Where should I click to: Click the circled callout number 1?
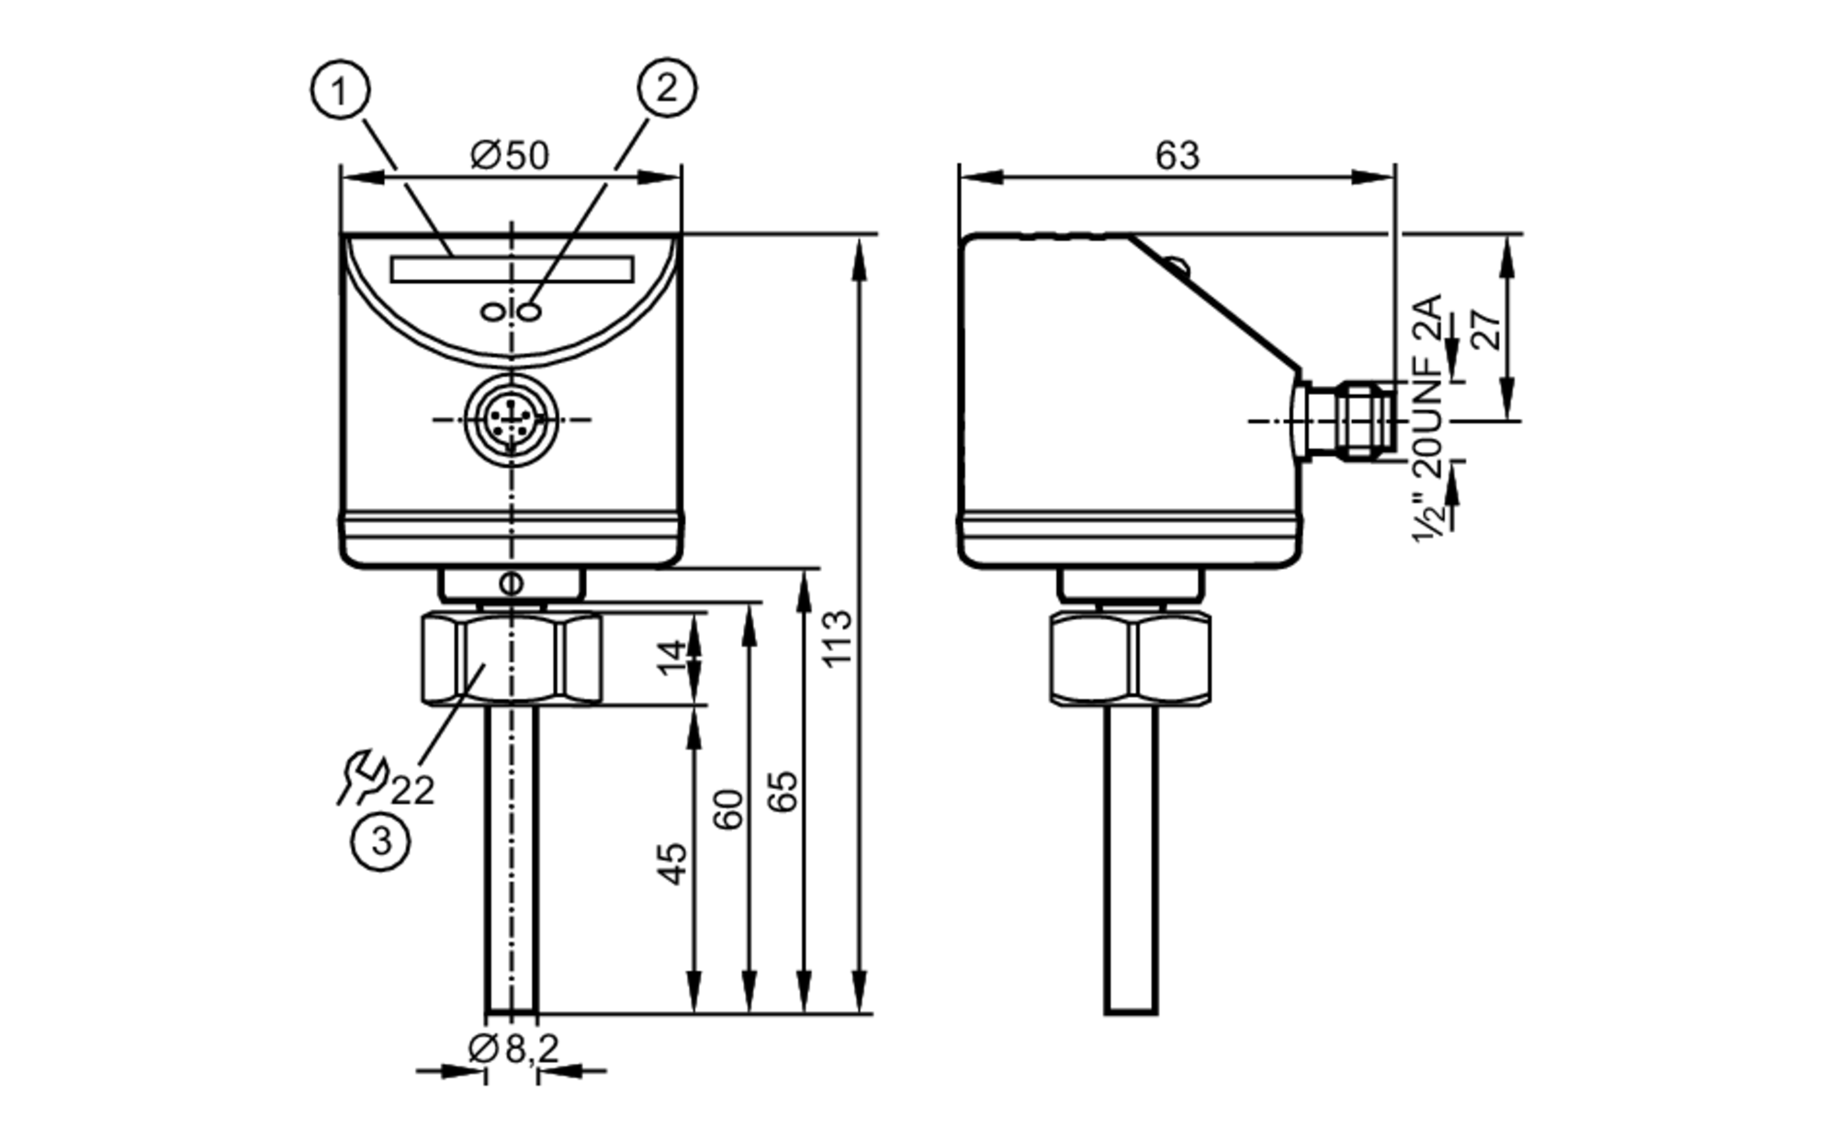pos(341,90)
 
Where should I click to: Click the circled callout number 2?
pos(667,87)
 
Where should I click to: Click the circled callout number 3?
pos(380,841)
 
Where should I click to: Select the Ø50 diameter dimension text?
pos(510,155)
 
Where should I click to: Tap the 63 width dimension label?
pos(1177,155)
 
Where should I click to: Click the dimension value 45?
pos(673,863)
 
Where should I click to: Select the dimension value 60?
pos(729,808)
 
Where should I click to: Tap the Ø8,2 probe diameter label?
pos(514,1048)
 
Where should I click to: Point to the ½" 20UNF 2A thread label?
pos(1427,418)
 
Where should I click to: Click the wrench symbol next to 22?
pos(361,778)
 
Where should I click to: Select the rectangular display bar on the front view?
pos(512,269)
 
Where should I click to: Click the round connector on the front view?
pos(512,420)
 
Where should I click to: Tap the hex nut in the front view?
pos(512,659)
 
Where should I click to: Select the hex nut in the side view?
pos(1131,659)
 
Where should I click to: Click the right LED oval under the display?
pos(530,312)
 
